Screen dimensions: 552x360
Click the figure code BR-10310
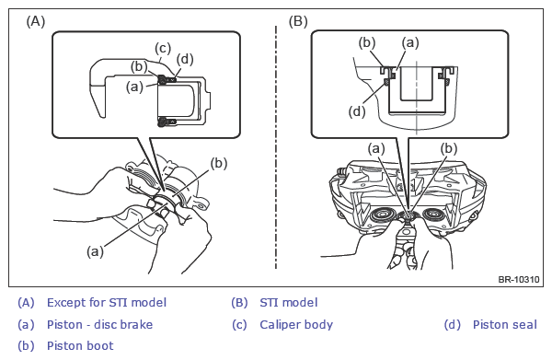519,279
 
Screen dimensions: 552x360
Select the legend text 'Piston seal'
504,324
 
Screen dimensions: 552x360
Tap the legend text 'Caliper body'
296,325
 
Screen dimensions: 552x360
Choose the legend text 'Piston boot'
80,345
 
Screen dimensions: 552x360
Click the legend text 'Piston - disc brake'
99,324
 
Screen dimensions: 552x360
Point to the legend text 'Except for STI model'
107,303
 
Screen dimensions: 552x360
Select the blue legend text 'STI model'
288,303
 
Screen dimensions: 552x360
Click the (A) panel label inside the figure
36,21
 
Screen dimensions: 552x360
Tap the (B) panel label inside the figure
298,21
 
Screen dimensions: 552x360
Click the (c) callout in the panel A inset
163,48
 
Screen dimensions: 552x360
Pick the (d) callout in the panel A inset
185,59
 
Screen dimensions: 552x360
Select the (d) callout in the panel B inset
357,111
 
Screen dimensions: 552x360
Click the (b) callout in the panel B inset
367,42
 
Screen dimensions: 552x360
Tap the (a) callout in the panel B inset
410,42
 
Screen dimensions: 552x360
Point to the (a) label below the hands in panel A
95,251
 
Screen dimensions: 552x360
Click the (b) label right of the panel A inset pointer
219,164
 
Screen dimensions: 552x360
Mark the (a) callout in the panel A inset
135,87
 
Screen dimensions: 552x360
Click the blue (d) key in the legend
453,324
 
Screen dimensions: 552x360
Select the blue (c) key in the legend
239,324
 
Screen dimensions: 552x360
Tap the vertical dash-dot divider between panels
276,147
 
